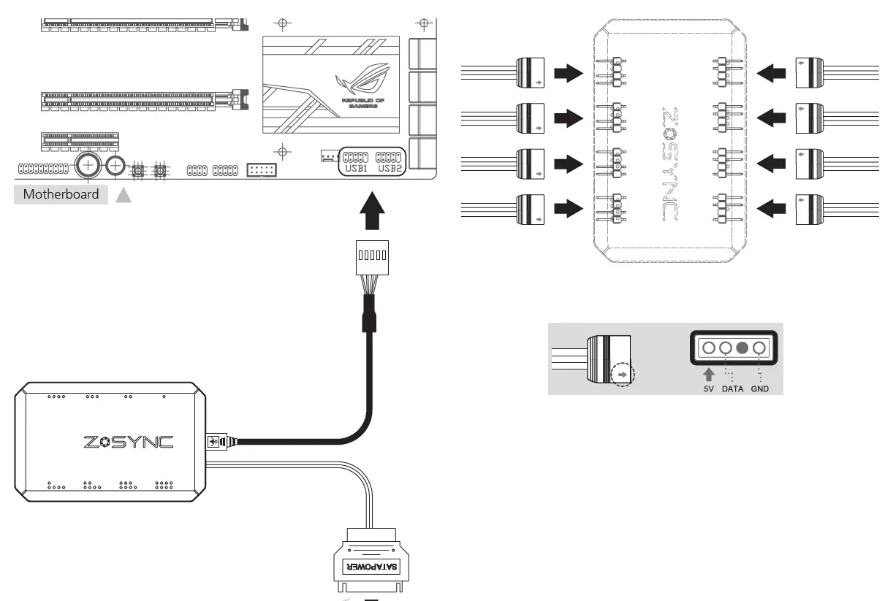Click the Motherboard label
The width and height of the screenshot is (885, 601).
pyautogui.click(x=61, y=194)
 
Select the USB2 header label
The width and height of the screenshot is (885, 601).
pyautogui.click(x=390, y=169)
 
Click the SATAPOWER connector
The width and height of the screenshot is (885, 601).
pyautogui.click(x=371, y=566)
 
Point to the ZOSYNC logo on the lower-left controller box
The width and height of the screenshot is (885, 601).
pyautogui.click(x=128, y=442)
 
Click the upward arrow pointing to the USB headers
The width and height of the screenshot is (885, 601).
pyautogui.click(x=371, y=213)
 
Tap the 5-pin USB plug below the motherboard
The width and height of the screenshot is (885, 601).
pyautogui.click(x=371, y=257)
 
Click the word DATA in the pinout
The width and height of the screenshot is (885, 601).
pyautogui.click(x=732, y=389)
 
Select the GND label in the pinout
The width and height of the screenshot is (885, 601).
pyautogui.click(x=760, y=389)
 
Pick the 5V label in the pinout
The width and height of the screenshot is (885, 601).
pyautogui.click(x=708, y=389)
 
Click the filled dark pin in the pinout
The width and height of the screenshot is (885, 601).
pyautogui.click(x=742, y=348)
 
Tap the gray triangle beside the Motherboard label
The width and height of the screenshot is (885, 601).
pyautogui.click(x=123, y=194)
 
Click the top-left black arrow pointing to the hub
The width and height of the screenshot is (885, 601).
pyautogui.click(x=568, y=73)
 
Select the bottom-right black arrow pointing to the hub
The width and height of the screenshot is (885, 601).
pyautogui.click(x=771, y=210)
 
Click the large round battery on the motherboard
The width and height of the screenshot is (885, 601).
pyautogui.click(x=88, y=166)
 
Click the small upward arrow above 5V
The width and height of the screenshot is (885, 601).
pyautogui.click(x=708, y=375)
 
